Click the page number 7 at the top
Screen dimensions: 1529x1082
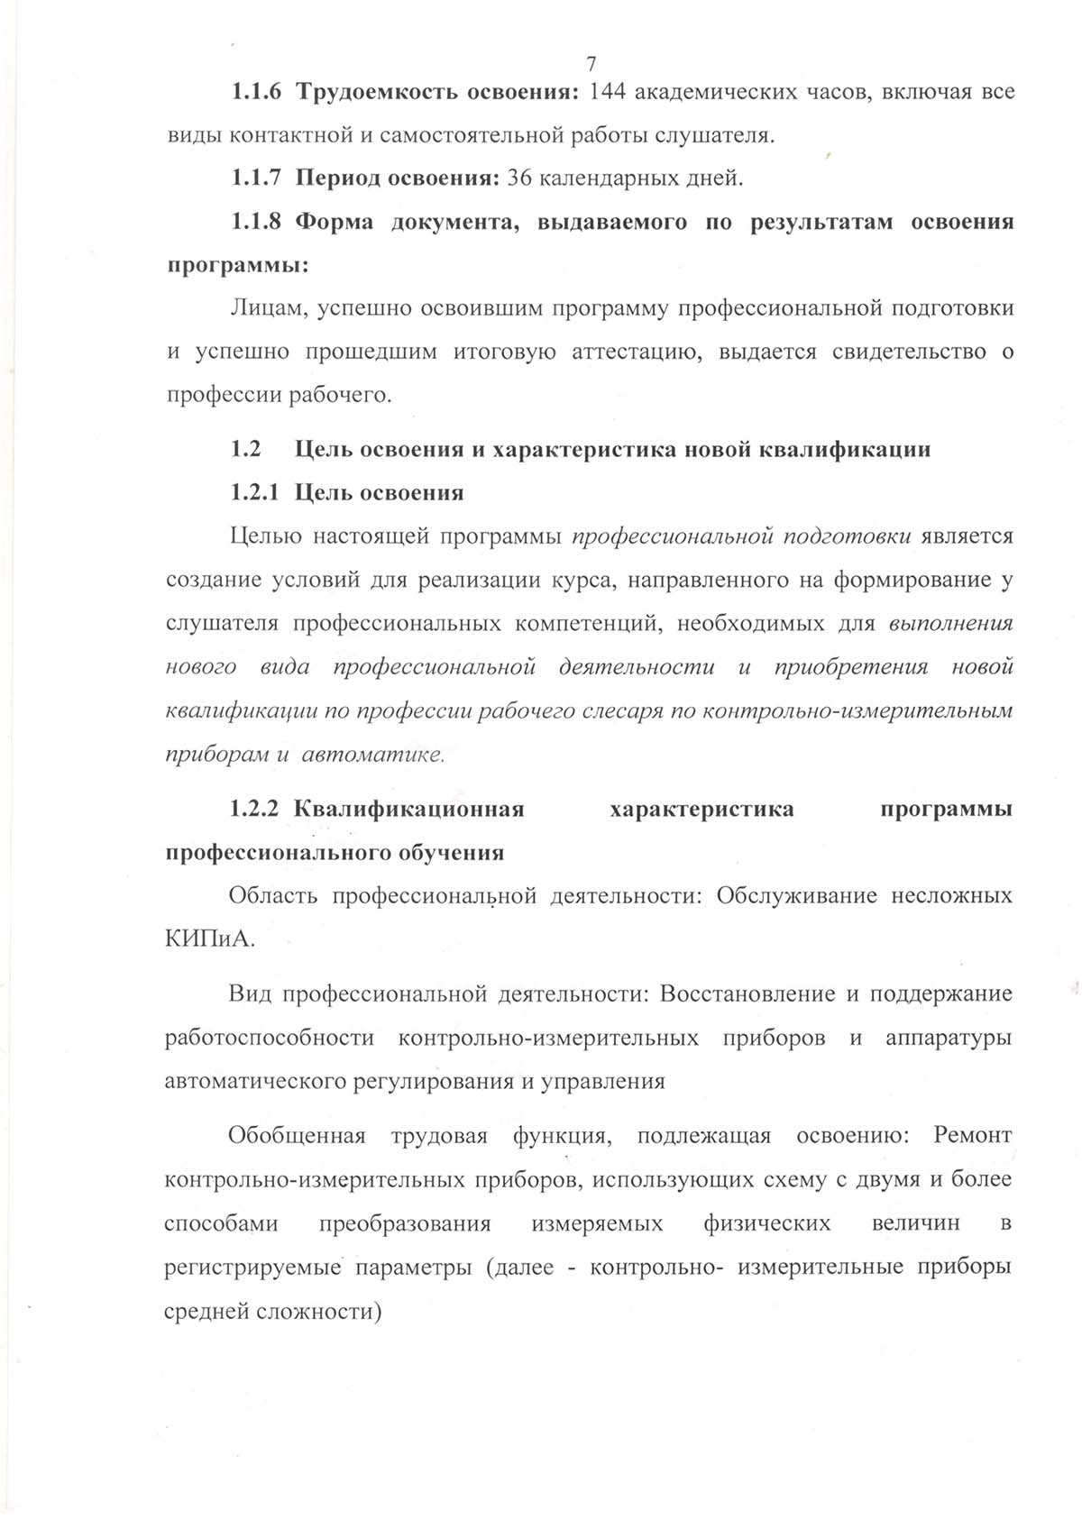pos(591,63)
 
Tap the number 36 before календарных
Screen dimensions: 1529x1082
pos(520,178)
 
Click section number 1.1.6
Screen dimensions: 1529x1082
pos(257,92)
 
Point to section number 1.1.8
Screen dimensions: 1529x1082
pos(257,222)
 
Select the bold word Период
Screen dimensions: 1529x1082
pos(338,179)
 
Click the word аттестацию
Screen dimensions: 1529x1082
pos(637,352)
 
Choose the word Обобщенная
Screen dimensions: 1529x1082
pos(298,1135)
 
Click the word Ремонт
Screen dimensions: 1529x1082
pos(973,1135)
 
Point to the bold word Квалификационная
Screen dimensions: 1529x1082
pos(409,809)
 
